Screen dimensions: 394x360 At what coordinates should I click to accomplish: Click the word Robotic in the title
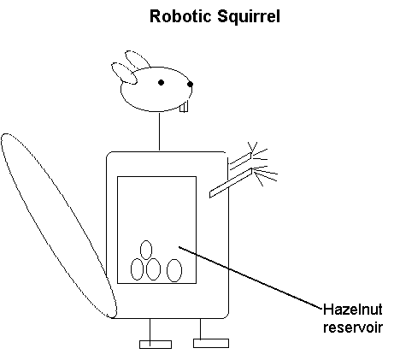[181, 16]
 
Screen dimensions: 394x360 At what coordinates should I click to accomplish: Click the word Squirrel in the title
[249, 17]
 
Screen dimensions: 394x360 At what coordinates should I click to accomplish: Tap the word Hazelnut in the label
[353, 310]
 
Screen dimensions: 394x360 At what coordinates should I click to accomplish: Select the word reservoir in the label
[353, 328]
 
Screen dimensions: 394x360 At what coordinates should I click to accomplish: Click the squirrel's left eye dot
[161, 83]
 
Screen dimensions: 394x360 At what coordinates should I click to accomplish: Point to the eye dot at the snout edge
[190, 84]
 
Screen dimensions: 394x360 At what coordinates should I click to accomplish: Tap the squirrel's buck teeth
[184, 107]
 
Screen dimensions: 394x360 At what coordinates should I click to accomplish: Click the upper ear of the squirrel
[138, 60]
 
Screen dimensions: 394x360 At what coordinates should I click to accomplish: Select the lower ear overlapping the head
[124, 74]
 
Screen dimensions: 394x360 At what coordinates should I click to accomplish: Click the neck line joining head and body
[159, 132]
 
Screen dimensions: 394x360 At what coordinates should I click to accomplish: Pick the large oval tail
[59, 226]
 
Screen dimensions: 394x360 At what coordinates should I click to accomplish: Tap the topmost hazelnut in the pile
[146, 250]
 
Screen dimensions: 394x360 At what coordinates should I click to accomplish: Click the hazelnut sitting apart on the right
[174, 270]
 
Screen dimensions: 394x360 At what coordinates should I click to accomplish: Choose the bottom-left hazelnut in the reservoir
[137, 269]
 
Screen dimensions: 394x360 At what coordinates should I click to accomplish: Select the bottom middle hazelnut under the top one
[153, 269]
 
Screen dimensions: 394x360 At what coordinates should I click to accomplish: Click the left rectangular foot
[156, 345]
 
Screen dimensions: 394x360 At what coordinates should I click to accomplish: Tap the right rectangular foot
[211, 343]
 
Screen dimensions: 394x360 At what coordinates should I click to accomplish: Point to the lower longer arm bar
[231, 183]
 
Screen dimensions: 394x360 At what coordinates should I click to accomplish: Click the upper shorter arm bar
[240, 161]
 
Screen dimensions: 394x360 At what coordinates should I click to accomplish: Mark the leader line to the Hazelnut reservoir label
[250, 278]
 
